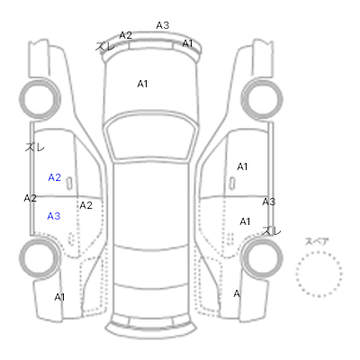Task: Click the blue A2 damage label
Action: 55,177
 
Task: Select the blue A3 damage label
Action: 54,216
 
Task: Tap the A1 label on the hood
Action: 142,84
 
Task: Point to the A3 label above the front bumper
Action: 163,25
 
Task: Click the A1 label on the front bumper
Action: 187,43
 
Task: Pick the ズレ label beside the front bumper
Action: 105,46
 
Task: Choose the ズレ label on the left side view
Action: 35,147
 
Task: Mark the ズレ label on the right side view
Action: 272,230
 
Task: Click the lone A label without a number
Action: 237,293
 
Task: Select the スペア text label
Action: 317,241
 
